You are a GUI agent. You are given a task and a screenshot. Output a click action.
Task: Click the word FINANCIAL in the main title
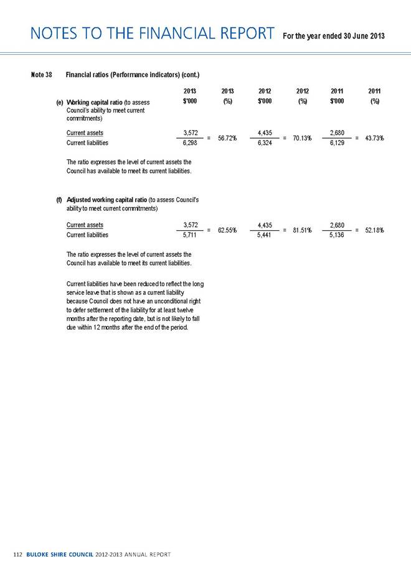152,34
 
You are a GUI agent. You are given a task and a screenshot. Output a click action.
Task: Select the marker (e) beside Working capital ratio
59,103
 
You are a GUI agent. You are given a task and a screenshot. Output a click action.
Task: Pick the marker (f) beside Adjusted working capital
59,200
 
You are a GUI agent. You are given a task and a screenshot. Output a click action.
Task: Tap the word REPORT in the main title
238,34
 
